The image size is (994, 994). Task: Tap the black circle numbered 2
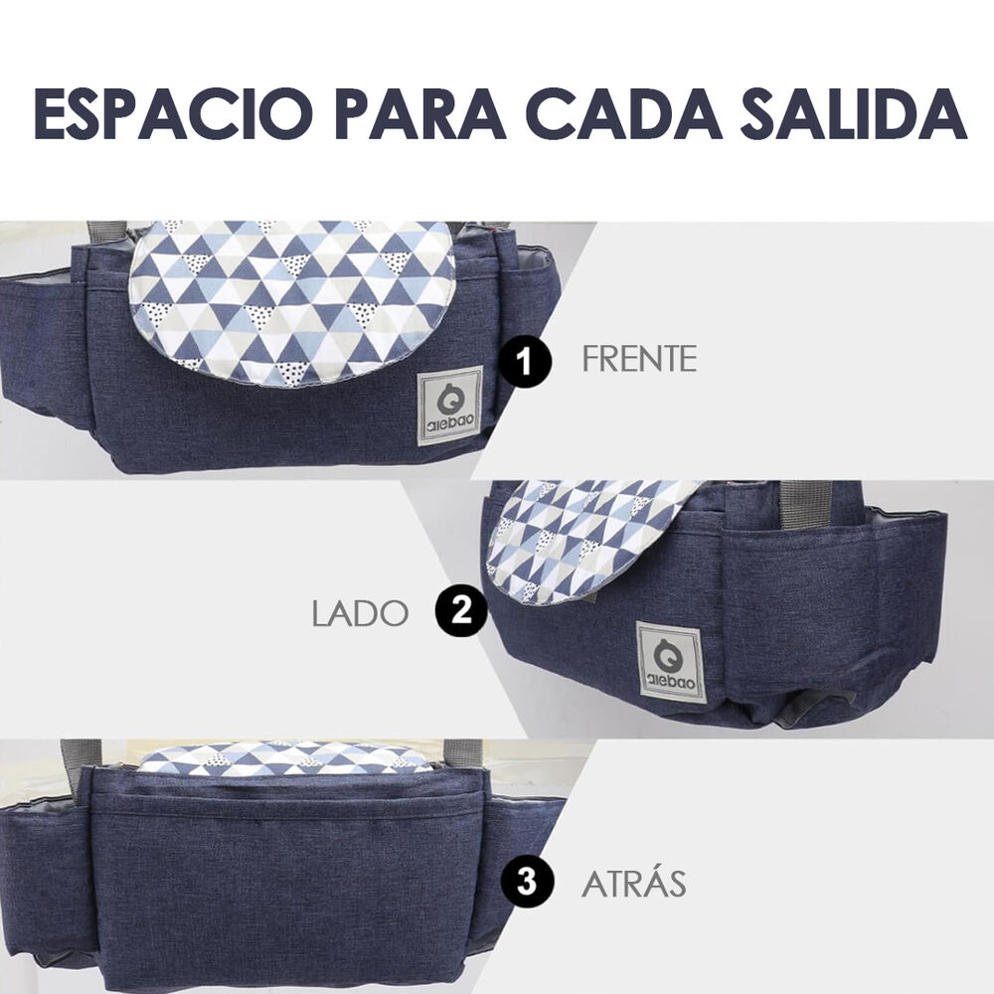pyautogui.click(x=461, y=610)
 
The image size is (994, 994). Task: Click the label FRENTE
pyautogui.click(x=639, y=360)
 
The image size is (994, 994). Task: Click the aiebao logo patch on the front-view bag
pyautogui.click(x=449, y=406)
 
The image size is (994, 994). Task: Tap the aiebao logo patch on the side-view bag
pyautogui.click(x=671, y=661)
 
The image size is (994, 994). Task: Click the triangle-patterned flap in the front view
pyautogui.click(x=293, y=298)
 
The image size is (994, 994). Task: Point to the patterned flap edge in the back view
pyautogui.click(x=288, y=760)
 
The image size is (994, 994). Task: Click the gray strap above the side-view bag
pyautogui.click(x=803, y=503)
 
